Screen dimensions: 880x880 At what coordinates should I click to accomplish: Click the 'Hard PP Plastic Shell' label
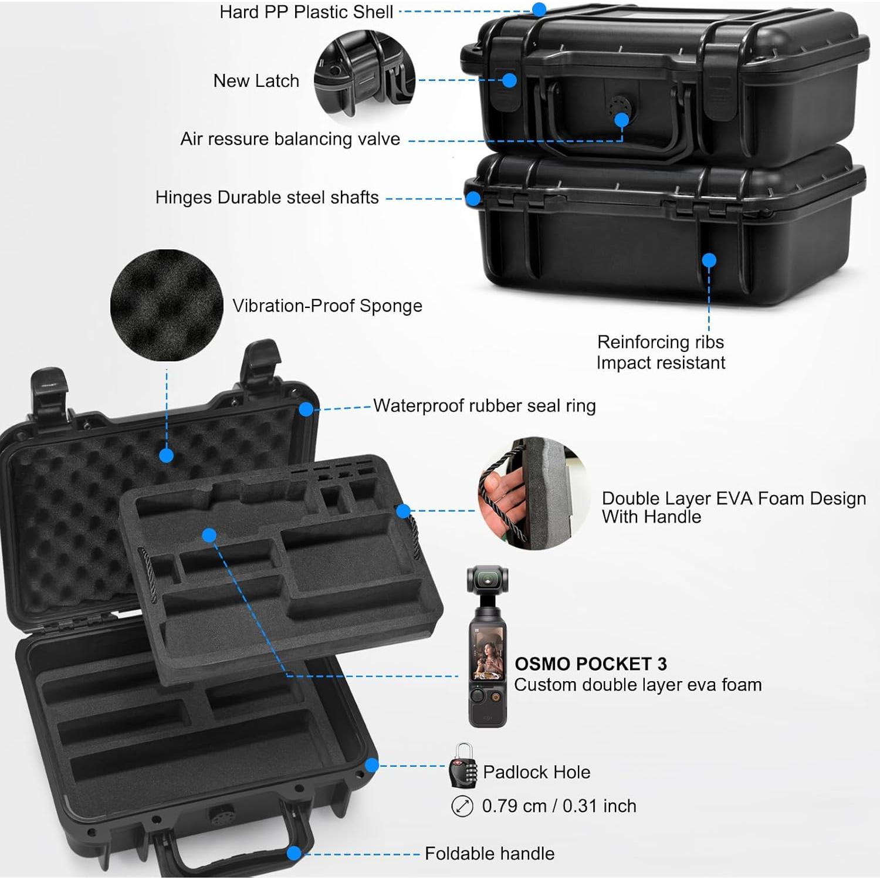tap(306, 12)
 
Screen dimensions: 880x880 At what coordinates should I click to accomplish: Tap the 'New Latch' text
tap(256, 80)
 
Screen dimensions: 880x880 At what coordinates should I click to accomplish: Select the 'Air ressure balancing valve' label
tap(290, 139)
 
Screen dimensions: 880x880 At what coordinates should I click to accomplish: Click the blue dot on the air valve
tap(621, 120)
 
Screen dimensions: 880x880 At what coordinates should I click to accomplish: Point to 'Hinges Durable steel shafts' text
tap(267, 197)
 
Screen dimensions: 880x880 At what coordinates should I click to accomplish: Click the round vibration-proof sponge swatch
tap(167, 305)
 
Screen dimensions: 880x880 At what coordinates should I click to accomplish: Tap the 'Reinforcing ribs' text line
tap(660, 341)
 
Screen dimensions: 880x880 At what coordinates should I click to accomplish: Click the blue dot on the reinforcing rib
tap(709, 260)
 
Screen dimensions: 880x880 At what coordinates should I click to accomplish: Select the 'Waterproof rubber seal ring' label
tap(484, 405)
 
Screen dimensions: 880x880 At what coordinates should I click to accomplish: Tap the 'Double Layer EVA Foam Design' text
tap(733, 498)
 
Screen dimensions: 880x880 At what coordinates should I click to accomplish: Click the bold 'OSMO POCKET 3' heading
tap(590, 664)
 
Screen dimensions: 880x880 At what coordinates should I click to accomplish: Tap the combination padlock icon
tap(462, 766)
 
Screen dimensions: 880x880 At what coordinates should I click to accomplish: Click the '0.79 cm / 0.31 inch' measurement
tap(559, 806)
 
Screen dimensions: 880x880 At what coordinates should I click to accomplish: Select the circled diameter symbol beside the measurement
tap(462, 806)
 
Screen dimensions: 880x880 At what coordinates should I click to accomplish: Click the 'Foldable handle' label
tap(489, 853)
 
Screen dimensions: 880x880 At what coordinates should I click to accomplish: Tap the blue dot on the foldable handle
tap(294, 853)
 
